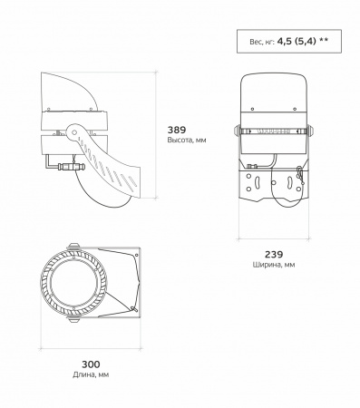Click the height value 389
[x=177, y=130]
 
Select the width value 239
[x=274, y=255]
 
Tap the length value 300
[x=91, y=364]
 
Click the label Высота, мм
[x=187, y=141]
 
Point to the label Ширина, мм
[x=274, y=265]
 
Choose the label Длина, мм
[x=91, y=374]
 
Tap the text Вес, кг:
[x=262, y=42]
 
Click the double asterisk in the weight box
[x=324, y=40]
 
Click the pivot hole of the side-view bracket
[x=73, y=132]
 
